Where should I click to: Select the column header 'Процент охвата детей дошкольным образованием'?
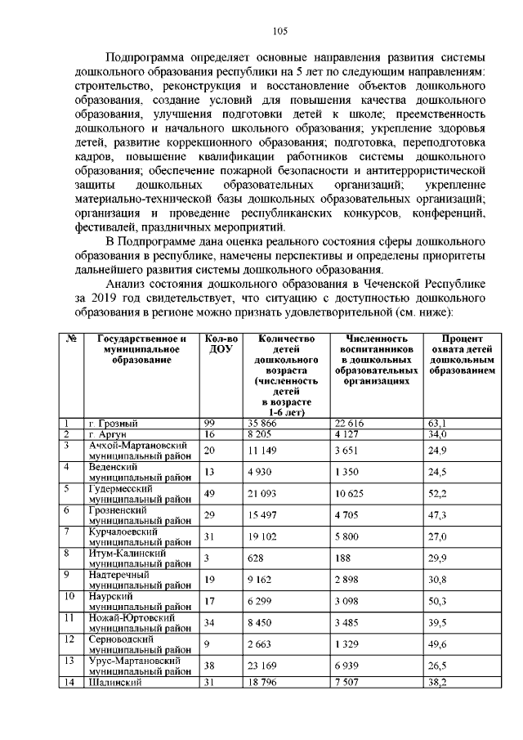pyautogui.click(x=463, y=355)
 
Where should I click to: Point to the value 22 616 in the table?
pyautogui.click(x=352, y=423)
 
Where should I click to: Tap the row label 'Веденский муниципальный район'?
pyautogui.click(x=140, y=472)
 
